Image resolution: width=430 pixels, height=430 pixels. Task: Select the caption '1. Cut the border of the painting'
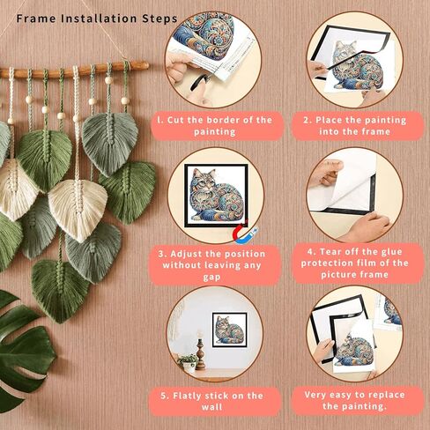point(214,124)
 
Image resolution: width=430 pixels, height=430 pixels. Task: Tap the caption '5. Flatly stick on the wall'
point(214,402)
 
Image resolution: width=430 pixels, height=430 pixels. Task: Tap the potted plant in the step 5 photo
point(187,360)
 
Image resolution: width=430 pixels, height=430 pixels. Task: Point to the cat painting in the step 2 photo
point(352,70)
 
